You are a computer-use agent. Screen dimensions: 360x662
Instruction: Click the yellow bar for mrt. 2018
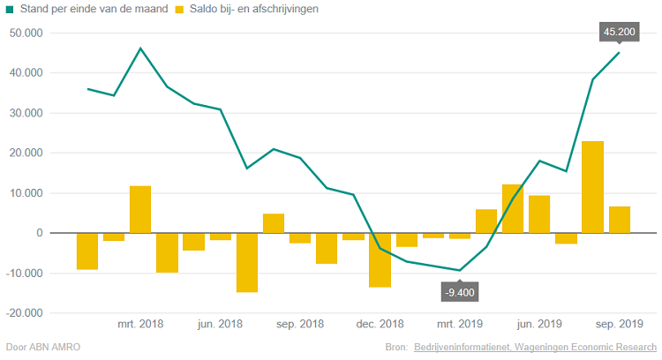click(x=140, y=209)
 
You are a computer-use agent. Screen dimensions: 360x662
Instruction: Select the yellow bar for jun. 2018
click(x=221, y=236)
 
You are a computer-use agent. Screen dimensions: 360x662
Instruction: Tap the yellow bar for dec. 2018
click(x=380, y=259)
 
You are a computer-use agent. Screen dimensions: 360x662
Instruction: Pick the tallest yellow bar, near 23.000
click(x=592, y=187)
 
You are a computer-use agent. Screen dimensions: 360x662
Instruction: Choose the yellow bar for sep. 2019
click(x=619, y=220)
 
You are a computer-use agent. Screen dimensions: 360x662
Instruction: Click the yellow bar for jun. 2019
click(x=539, y=214)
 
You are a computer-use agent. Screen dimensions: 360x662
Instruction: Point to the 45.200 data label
click(x=619, y=32)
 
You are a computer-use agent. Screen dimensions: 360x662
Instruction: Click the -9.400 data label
click(x=459, y=291)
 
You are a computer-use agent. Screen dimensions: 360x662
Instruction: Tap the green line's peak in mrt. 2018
click(x=140, y=48)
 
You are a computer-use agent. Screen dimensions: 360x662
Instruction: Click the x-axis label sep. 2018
click(x=299, y=325)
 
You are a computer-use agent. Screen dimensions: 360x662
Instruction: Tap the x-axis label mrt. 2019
click(x=459, y=325)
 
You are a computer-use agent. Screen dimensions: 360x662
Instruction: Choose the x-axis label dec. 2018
click(x=380, y=325)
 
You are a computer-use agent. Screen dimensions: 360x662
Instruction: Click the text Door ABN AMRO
click(x=42, y=347)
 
